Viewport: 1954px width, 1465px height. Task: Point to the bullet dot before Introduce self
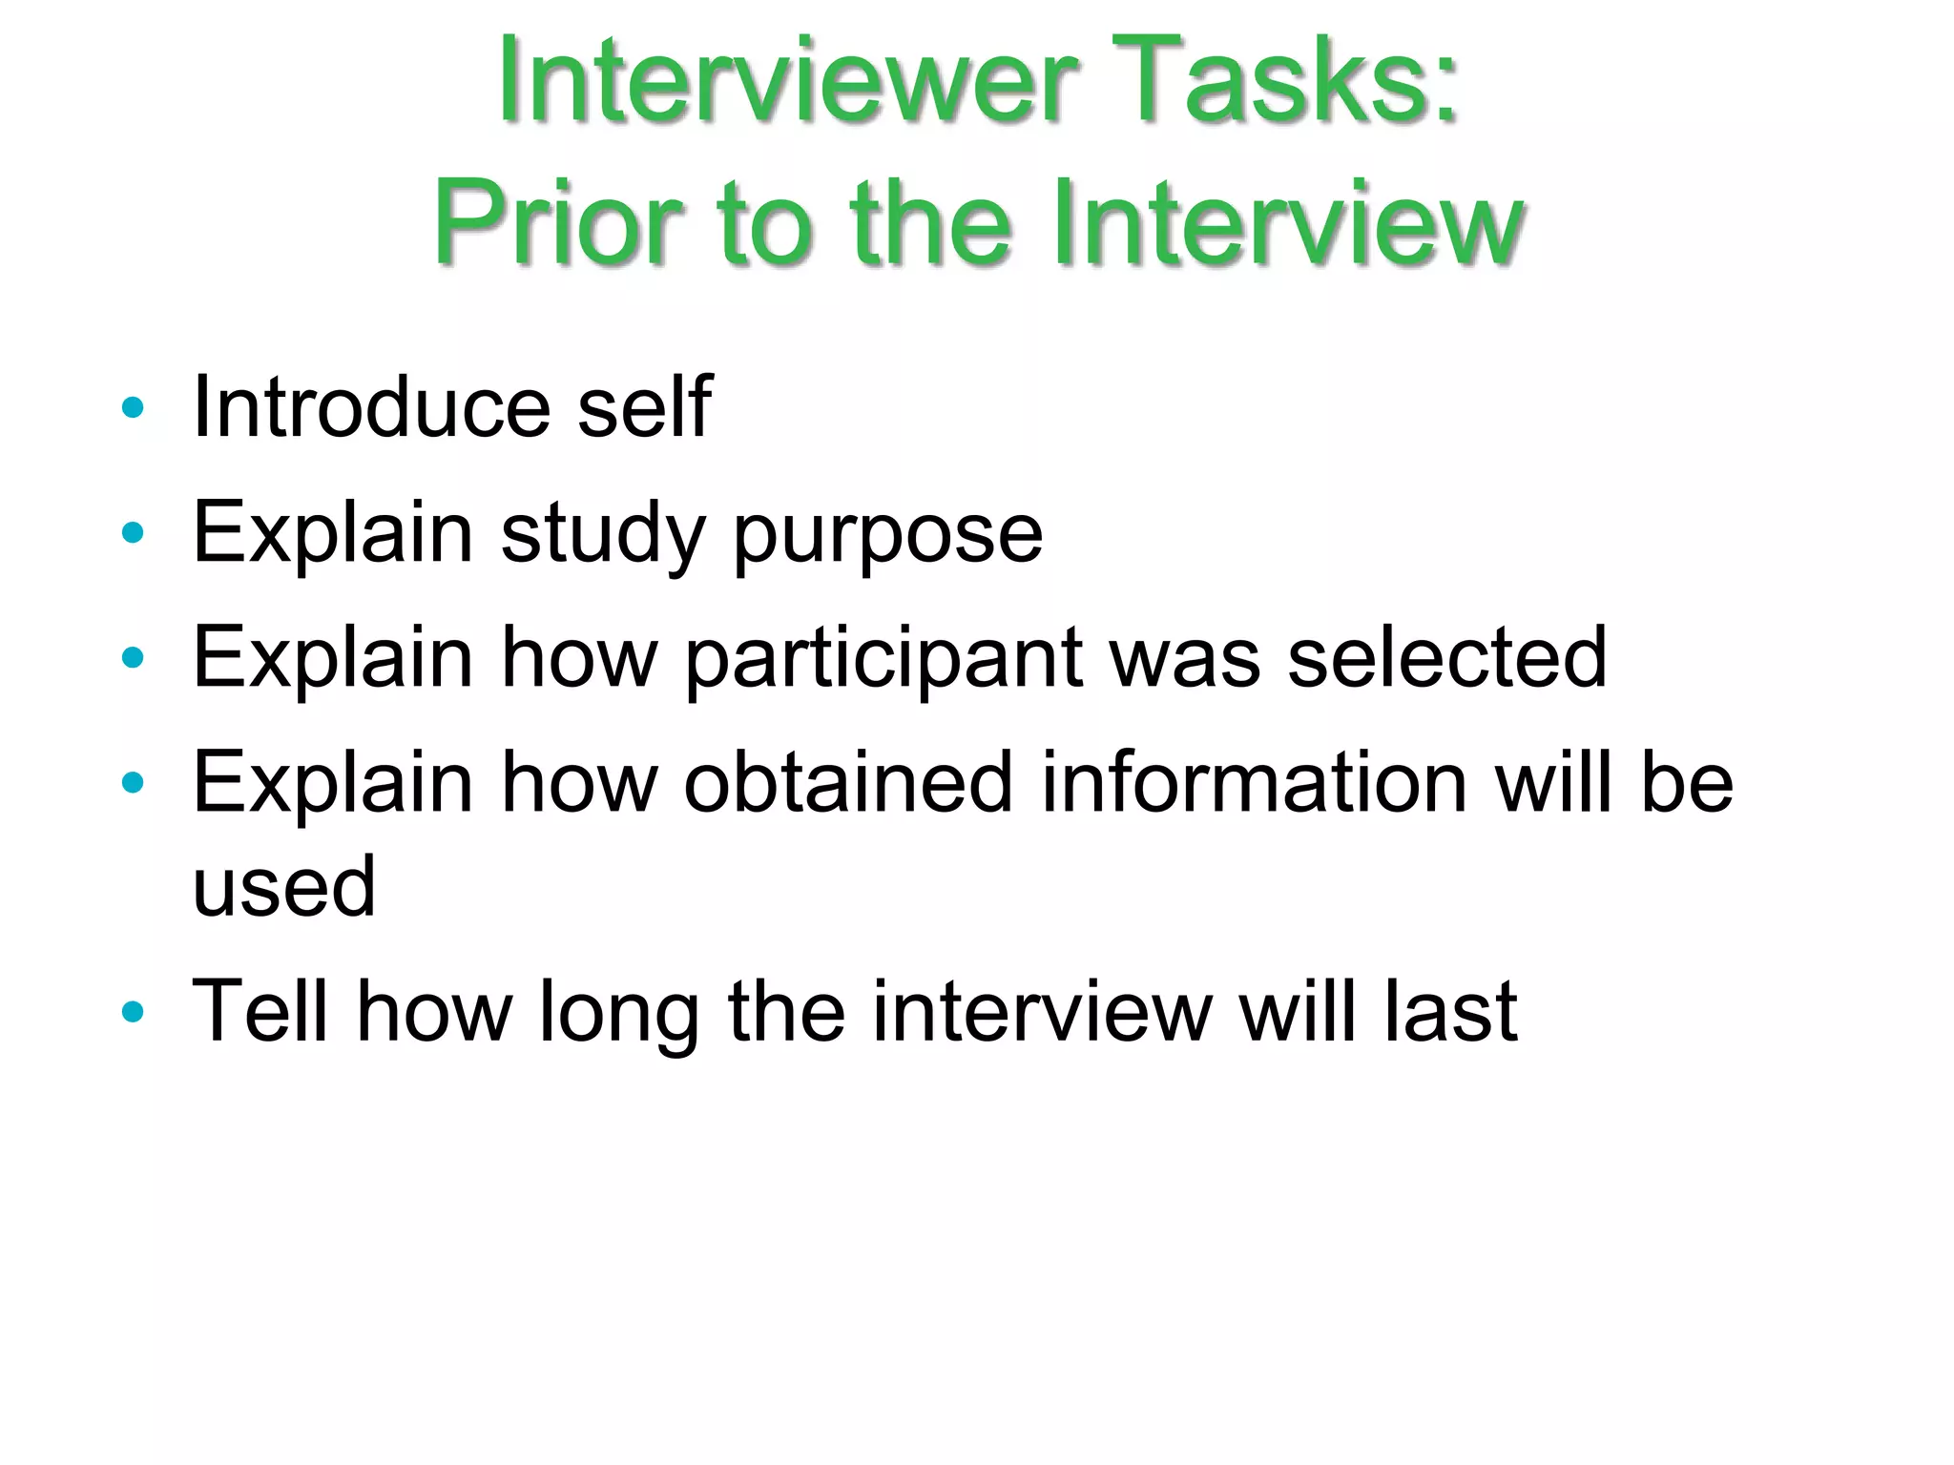[x=133, y=408]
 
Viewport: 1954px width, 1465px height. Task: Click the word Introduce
[x=372, y=408]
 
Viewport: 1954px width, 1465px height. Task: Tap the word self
[x=644, y=408]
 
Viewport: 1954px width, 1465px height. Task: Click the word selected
[x=1446, y=658]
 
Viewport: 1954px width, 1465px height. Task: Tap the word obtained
[x=847, y=783]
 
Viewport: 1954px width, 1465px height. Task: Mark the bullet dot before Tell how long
[x=133, y=1012]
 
